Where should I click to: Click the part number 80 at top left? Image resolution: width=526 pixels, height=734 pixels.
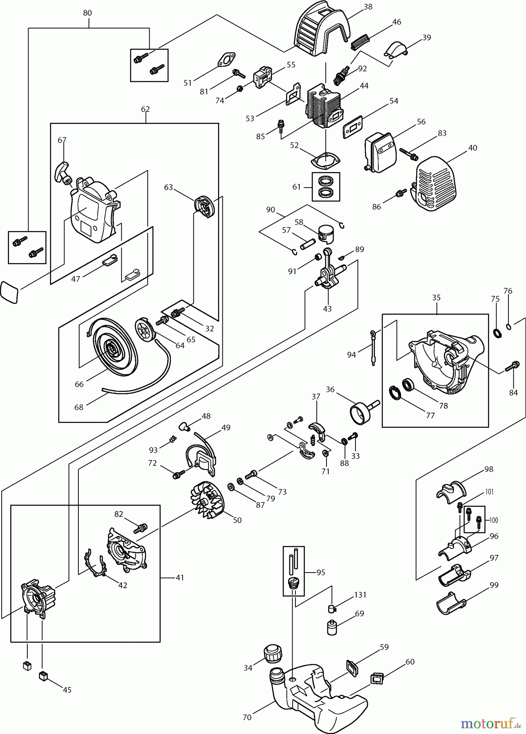coord(87,13)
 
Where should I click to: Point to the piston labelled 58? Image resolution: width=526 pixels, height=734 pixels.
coord(329,235)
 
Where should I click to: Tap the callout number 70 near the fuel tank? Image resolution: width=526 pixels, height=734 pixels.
coord(247,717)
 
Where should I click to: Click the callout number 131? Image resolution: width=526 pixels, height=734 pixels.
coord(360,595)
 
